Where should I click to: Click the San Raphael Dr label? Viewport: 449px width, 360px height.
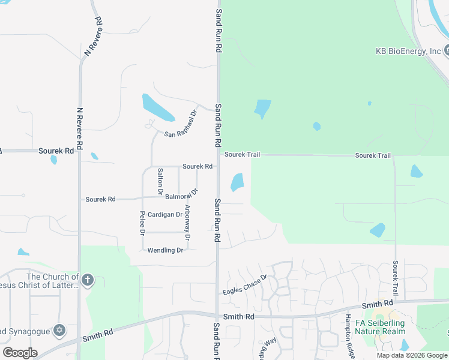[x=181, y=124]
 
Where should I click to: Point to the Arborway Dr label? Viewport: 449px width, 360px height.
[x=188, y=223]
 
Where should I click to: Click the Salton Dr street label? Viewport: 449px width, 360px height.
[x=160, y=182]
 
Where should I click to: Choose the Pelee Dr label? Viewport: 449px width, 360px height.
[x=143, y=223]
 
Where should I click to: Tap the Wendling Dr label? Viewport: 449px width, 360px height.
[x=165, y=250]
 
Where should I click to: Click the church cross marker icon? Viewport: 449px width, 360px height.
[x=87, y=280]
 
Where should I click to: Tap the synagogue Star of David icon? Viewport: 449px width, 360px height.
[x=59, y=330]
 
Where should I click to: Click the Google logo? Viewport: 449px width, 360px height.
[x=20, y=353]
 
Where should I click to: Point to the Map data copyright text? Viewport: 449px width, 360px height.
[x=412, y=355]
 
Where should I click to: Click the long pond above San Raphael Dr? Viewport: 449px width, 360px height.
[x=158, y=107]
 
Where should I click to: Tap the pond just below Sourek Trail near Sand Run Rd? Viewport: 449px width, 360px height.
[x=237, y=182]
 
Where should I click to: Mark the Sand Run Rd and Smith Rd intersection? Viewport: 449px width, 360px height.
[x=217, y=316]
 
